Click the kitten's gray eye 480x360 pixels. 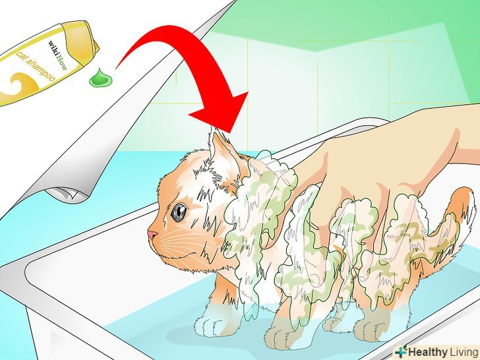(179, 212)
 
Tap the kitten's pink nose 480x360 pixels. (152, 235)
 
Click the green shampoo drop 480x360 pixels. (101, 78)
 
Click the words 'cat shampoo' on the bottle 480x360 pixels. (36, 67)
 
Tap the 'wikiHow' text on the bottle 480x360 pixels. (57, 55)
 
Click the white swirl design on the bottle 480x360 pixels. (20, 85)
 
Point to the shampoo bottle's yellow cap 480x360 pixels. (82, 39)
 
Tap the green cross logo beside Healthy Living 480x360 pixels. (401, 351)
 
